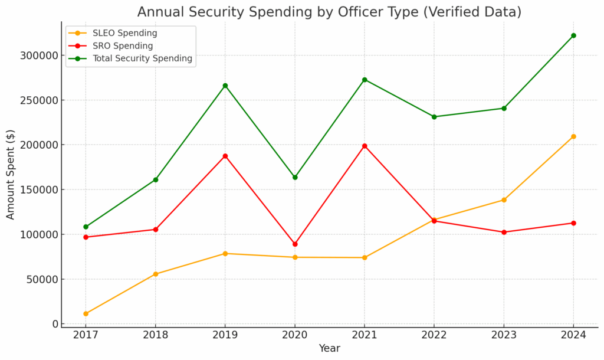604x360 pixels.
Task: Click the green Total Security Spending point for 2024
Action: click(573, 35)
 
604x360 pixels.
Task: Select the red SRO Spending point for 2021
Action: click(365, 146)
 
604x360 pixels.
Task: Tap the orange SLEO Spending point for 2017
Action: click(86, 313)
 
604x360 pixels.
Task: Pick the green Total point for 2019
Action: click(225, 86)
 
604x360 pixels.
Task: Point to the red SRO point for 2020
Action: click(295, 244)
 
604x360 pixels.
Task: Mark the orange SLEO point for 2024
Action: click(573, 136)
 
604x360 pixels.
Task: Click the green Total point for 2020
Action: click(295, 177)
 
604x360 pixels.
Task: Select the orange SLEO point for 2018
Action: click(155, 274)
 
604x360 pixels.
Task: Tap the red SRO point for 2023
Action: click(504, 232)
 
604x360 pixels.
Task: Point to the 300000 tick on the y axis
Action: click(39, 55)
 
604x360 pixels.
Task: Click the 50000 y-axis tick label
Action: click(42, 279)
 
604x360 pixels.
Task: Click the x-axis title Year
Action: click(329, 349)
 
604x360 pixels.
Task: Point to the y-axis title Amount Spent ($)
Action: click(11, 175)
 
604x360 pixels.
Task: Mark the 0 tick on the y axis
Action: click(55, 324)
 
